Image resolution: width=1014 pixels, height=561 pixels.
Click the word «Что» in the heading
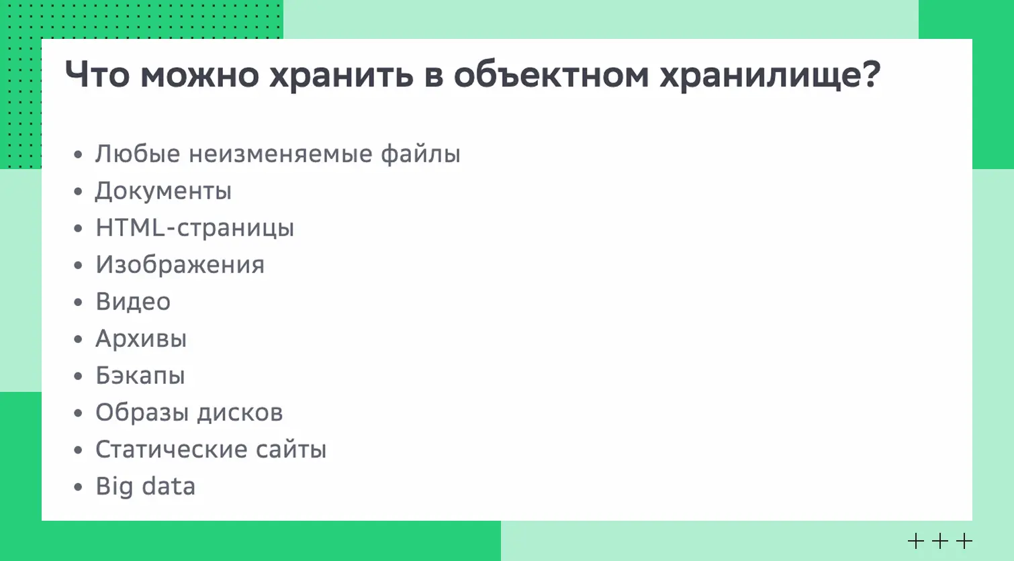click(97, 74)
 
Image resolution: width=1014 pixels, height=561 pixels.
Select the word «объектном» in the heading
click(551, 74)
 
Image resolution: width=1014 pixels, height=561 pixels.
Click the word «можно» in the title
click(199, 74)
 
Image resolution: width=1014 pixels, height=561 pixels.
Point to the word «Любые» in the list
click(138, 154)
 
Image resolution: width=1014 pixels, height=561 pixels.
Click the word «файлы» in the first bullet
click(420, 154)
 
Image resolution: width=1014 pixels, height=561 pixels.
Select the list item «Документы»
click(163, 191)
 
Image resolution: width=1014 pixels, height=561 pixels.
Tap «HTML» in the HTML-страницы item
click(130, 227)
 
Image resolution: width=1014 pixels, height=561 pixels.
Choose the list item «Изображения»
click(180, 265)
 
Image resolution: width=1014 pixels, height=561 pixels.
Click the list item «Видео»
click(133, 302)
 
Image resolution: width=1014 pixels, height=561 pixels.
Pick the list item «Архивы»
click(141, 339)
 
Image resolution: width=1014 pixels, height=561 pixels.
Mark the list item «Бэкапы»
click(140, 376)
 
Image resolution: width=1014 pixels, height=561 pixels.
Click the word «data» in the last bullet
click(169, 487)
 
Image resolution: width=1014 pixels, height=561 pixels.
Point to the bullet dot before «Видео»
click(79, 303)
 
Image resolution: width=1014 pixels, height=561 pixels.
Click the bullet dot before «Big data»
click(79, 487)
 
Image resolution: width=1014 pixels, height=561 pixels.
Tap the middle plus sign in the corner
click(940, 541)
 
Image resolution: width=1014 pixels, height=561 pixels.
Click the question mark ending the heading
click(872, 74)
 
